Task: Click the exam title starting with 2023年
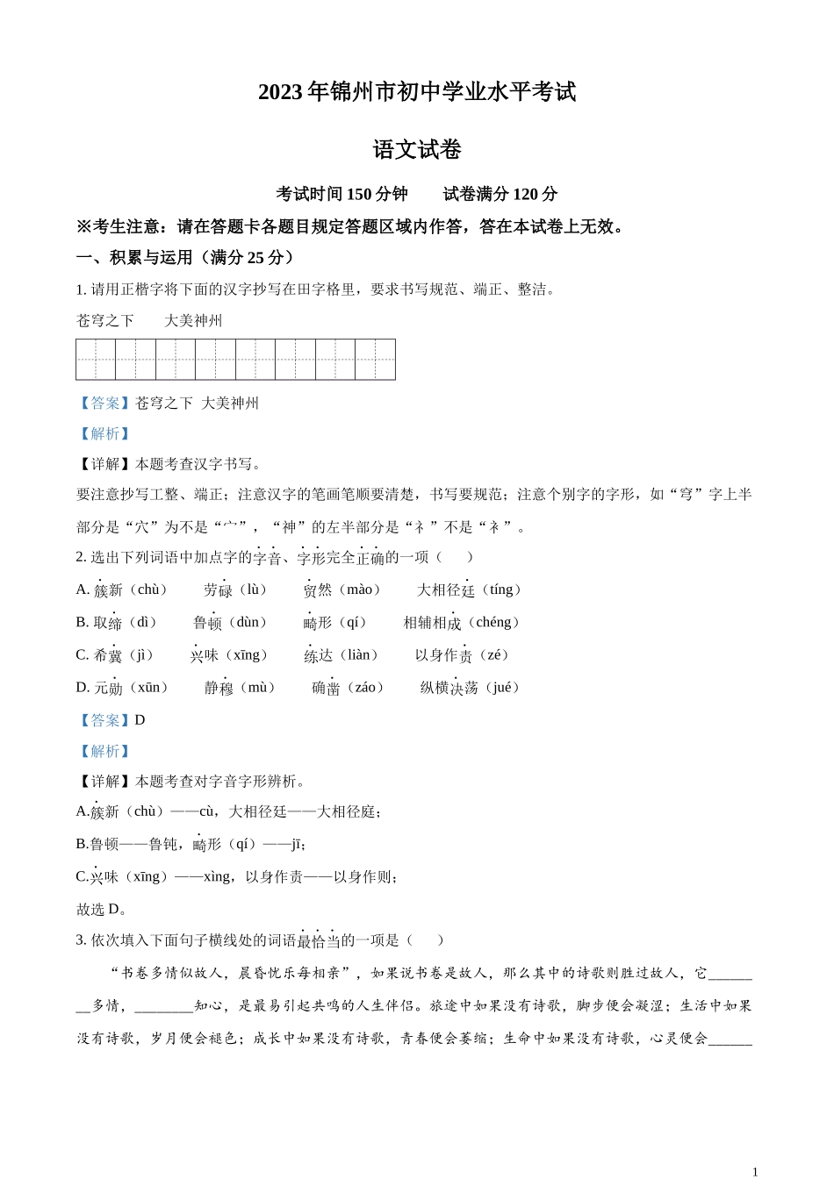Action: point(417,92)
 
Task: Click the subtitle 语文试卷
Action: point(417,150)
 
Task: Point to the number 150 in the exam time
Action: point(360,194)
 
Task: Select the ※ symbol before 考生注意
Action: point(84,226)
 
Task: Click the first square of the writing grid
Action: point(96,360)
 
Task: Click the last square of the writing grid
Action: point(375,360)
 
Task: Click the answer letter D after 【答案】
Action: point(140,720)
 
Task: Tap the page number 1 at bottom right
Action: point(755,1171)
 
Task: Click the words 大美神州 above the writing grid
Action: point(193,321)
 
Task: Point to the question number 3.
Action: point(80,940)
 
